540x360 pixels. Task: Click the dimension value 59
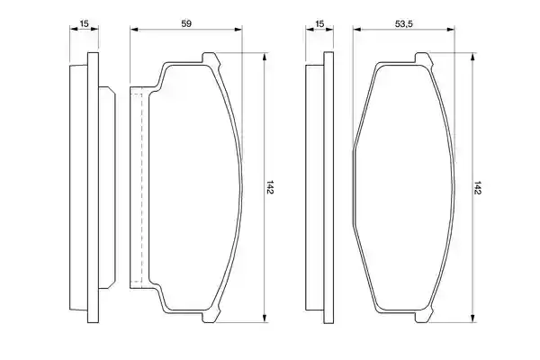186,23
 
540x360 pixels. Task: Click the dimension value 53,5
404,23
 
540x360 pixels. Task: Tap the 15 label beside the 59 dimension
84,23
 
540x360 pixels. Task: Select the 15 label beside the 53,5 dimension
319,23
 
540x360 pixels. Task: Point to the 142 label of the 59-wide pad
269,187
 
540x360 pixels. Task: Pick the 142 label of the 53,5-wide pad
477,187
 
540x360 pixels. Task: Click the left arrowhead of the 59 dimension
134,30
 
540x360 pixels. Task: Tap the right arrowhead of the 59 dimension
238,30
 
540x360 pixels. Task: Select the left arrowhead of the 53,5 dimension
356,30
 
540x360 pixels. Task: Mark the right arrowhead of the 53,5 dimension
451,30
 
